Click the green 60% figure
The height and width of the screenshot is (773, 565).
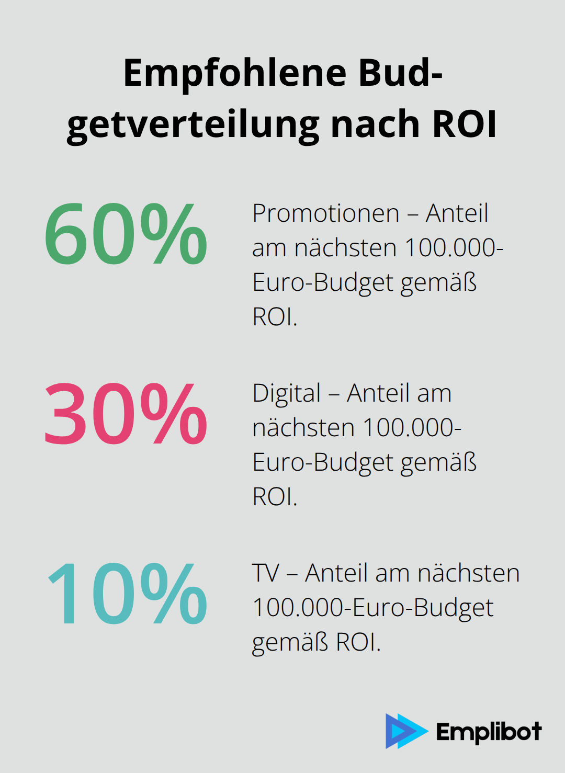[126, 234]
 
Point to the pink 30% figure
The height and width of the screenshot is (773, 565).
[126, 414]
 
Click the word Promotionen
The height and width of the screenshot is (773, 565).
[326, 213]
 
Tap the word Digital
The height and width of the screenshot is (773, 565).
[286, 393]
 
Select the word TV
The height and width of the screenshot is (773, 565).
[266, 573]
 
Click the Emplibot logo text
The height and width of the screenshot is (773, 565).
[489, 732]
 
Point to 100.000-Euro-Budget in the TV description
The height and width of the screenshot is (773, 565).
[372, 608]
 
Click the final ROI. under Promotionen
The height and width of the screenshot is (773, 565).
[275, 317]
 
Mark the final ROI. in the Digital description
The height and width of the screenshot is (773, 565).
[275, 497]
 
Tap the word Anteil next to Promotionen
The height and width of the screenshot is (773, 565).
[457, 213]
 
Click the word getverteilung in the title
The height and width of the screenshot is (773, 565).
[194, 124]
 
